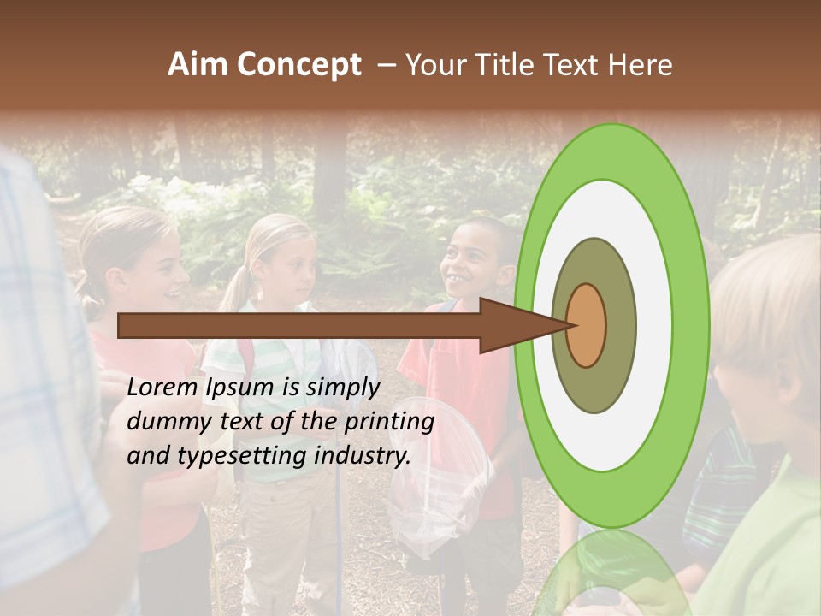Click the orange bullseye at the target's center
point(587,325)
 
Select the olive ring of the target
point(594,390)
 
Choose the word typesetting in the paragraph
point(242,456)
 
